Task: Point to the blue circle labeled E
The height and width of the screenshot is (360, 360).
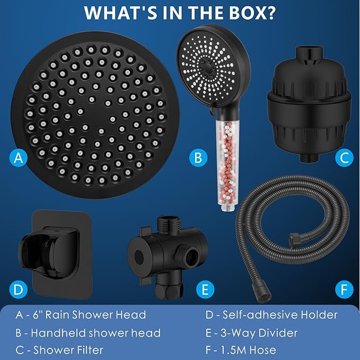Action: [204, 289]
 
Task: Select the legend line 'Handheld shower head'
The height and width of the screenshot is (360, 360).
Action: [95, 332]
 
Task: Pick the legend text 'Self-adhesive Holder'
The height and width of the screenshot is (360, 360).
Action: [279, 315]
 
